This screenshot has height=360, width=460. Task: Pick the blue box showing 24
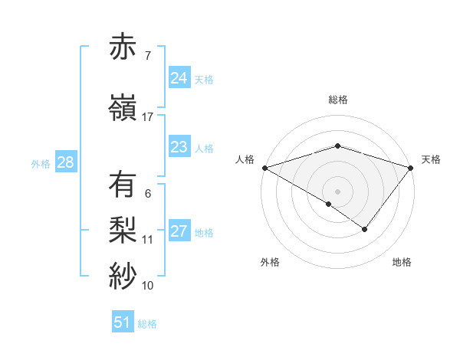[x=179, y=78]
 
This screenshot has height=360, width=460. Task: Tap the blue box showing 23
[x=179, y=147]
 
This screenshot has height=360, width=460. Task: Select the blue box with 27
[x=179, y=231]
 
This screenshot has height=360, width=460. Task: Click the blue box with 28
[x=64, y=162]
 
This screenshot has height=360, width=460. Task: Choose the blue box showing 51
[x=123, y=322]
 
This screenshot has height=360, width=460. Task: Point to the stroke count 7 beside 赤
[x=147, y=55]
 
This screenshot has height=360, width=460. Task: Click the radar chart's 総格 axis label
[x=337, y=100]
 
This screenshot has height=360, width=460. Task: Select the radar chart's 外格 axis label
[x=270, y=262]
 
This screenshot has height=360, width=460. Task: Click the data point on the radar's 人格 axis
[x=264, y=168]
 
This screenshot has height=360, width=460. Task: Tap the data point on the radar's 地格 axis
[x=365, y=229]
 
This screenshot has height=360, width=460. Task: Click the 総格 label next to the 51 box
[x=147, y=324]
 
